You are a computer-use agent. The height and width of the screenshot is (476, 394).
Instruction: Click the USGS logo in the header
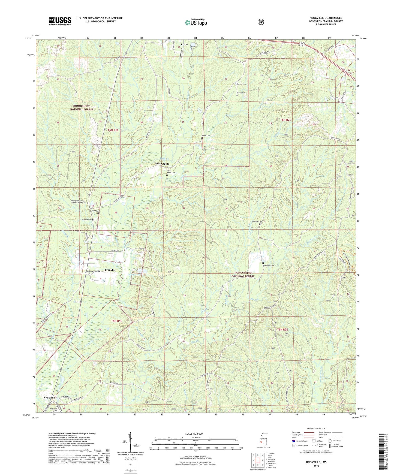pos(60,21)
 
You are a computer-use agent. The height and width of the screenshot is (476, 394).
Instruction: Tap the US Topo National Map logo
pos(196,22)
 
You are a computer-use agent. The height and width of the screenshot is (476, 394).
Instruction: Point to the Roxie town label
pos(184,44)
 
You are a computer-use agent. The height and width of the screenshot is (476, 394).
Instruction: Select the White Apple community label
pos(162,164)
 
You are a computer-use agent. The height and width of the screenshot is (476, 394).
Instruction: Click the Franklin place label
pos(110,270)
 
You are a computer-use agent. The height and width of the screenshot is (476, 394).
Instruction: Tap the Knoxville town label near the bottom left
pos(49,398)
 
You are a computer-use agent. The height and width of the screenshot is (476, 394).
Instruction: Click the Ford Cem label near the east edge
pos(350,175)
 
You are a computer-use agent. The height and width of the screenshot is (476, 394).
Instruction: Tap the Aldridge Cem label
pos(257,221)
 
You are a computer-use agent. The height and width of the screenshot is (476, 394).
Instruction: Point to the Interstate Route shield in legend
pos(293,441)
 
